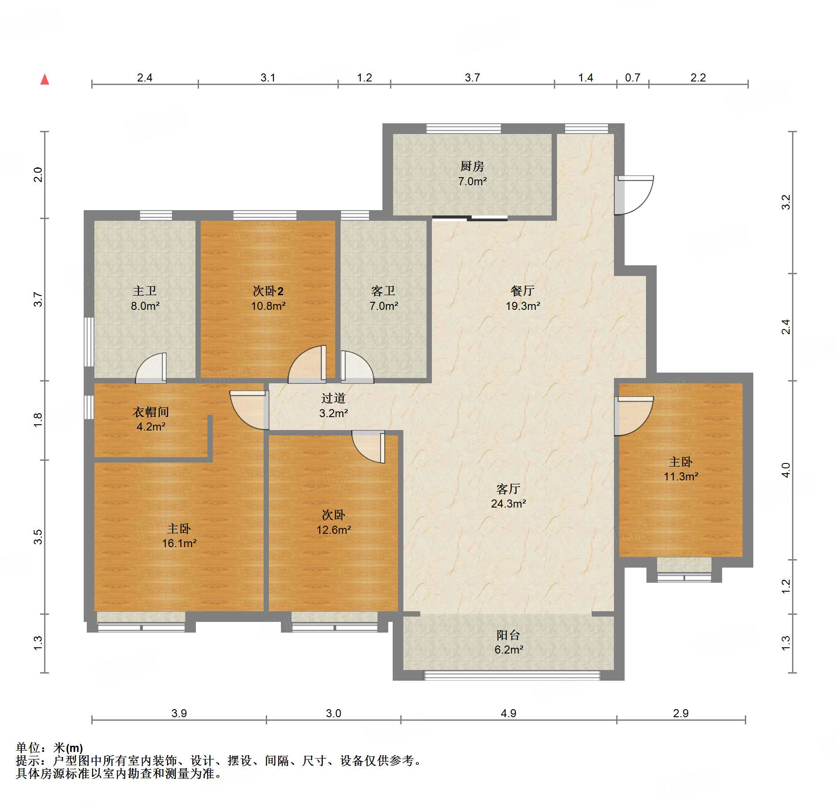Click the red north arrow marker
(45, 79)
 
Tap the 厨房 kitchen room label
(472, 166)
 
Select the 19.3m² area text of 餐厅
(523, 306)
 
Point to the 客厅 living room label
(508, 489)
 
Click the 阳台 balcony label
(508, 635)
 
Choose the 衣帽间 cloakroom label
(150, 412)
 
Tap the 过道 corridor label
(333, 398)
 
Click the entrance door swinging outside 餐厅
(634, 195)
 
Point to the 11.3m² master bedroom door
(634, 416)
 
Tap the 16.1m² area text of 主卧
(179, 543)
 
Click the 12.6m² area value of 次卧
(334, 530)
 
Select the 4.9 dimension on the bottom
(508, 713)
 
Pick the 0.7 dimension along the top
(632, 77)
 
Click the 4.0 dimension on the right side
(786, 470)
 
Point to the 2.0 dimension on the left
(38, 175)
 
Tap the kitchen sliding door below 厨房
(470, 218)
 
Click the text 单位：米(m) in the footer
(49, 747)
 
